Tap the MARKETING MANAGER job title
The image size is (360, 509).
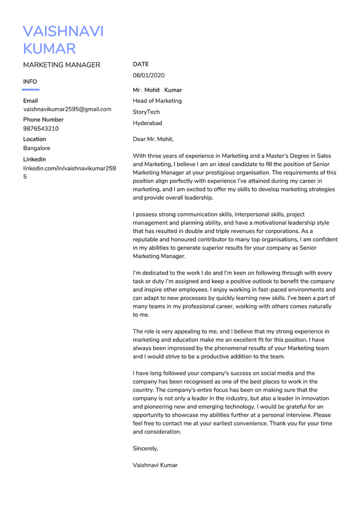61,65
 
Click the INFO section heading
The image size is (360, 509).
30,82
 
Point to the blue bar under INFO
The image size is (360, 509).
30,89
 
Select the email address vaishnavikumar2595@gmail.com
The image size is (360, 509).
67,109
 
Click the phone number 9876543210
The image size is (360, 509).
41,129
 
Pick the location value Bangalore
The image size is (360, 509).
37,148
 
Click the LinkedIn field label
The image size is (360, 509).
35,159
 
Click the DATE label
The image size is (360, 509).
140,65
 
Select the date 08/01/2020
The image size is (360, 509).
148,75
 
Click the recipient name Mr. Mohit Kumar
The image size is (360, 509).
157,90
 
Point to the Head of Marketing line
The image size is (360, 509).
157,101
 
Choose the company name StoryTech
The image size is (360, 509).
146,112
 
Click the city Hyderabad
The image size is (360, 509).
147,123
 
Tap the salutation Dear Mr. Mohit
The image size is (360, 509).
153,138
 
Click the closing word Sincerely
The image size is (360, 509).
145,448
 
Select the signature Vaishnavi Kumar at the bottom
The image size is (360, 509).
155,465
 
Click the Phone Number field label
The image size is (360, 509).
43,119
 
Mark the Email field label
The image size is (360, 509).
30,100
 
